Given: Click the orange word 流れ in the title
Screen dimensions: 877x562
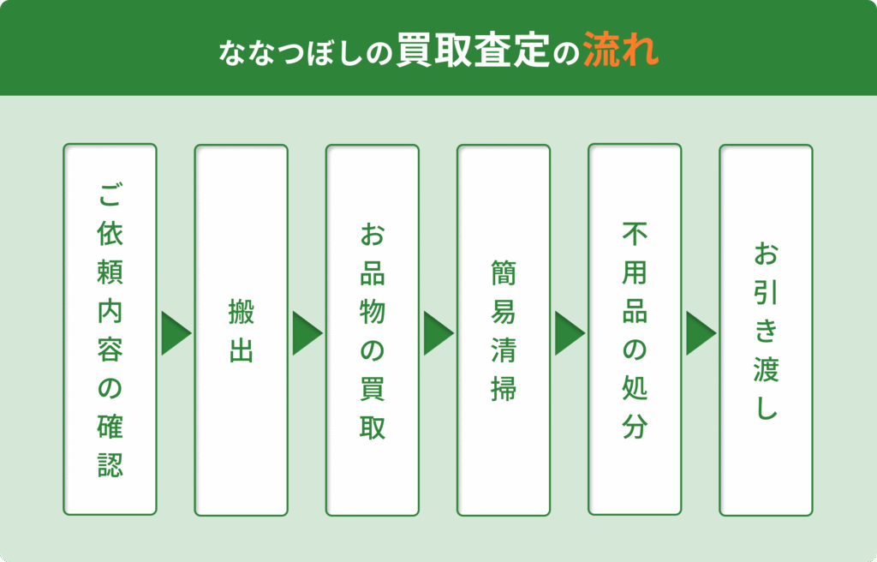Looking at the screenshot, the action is [x=621, y=51].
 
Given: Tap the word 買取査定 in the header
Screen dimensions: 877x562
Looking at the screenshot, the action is [x=474, y=51].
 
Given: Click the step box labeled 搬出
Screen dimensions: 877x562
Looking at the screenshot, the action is [x=241, y=330].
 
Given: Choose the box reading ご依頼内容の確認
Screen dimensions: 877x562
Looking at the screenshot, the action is [x=110, y=329].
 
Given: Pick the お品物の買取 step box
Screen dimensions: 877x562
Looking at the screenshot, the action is [x=373, y=330].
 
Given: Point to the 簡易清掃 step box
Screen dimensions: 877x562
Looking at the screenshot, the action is [x=504, y=330].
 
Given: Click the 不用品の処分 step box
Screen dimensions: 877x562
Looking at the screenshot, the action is [x=635, y=329].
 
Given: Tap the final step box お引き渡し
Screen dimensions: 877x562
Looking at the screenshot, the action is [x=766, y=330].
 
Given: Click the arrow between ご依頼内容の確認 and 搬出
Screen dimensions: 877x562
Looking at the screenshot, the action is [x=176, y=333].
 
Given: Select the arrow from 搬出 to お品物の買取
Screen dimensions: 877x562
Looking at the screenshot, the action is [x=307, y=333].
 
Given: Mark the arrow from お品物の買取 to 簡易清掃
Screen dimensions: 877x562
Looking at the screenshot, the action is [x=438, y=333].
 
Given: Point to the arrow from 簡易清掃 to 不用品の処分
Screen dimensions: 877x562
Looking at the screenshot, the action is [x=570, y=333].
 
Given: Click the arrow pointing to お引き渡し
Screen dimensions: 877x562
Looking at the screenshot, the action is [x=701, y=333].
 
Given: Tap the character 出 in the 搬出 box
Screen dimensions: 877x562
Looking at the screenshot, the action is [x=241, y=350].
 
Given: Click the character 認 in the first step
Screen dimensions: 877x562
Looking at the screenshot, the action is [x=110, y=464].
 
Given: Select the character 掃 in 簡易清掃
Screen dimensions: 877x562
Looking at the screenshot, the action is [x=504, y=389].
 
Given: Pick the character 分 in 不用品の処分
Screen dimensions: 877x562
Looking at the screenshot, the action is [x=635, y=426].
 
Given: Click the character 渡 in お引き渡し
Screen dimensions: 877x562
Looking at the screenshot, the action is [x=766, y=369].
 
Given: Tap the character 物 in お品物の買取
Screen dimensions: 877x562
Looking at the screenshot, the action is [x=373, y=312].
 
